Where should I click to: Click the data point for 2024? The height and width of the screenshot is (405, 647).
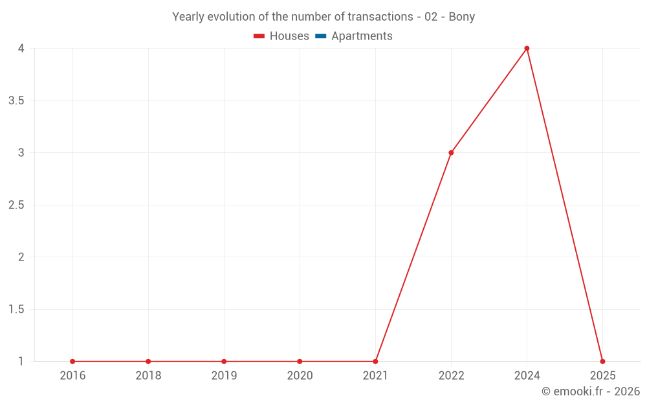(x=527, y=49)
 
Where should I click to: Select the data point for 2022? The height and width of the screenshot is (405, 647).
(x=451, y=152)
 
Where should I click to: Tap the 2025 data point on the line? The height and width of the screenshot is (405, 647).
(x=602, y=361)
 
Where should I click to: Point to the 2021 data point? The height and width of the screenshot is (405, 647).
(x=375, y=361)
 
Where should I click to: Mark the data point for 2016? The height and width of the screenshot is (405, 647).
(x=72, y=361)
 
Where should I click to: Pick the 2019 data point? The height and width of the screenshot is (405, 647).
(x=224, y=361)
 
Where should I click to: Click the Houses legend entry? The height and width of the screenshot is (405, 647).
(x=281, y=36)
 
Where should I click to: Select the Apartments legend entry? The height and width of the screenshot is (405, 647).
(x=354, y=36)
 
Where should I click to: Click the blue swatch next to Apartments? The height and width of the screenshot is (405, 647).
(x=321, y=36)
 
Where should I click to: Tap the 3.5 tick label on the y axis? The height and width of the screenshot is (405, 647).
(x=17, y=101)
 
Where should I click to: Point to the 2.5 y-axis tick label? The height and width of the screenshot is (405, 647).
(x=17, y=205)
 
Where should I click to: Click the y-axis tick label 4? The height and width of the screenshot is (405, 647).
(x=21, y=49)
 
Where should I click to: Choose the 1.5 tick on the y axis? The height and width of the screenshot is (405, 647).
(x=17, y=309)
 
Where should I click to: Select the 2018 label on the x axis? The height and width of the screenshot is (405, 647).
(x=149, y=375)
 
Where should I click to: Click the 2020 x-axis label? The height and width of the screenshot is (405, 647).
(x=300, y=375)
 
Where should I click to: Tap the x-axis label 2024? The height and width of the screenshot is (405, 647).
(x=527, y=375)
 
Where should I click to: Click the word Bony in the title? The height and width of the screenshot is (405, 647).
(x=462, y=17)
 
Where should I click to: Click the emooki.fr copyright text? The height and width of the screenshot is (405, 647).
(x=591, y=391)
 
